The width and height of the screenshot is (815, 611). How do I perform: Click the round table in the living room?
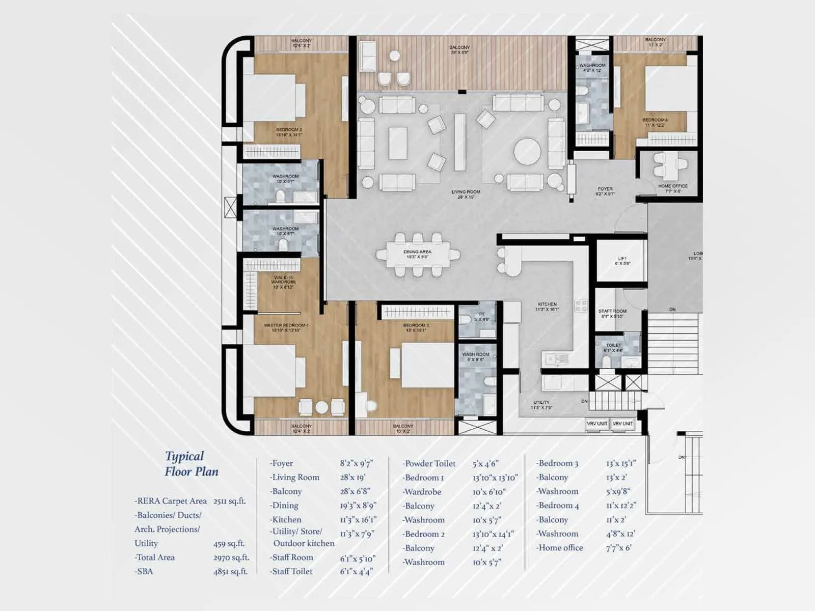tap(527, 152)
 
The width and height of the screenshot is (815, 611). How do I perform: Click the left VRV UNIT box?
tap(596, 424)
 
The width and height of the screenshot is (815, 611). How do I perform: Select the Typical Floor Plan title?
tap(191, 464)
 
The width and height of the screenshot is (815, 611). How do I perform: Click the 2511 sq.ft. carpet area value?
tap(229, 501)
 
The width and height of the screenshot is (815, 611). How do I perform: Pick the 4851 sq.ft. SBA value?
tap(230, 572)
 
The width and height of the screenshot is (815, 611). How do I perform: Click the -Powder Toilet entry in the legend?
tap(429, 464)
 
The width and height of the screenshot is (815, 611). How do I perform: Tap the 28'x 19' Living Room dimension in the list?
tap(352, 478)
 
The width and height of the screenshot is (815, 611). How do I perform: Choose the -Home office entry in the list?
tap(559, 548)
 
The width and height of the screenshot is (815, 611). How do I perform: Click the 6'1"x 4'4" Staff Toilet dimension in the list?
tap(357, 572)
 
